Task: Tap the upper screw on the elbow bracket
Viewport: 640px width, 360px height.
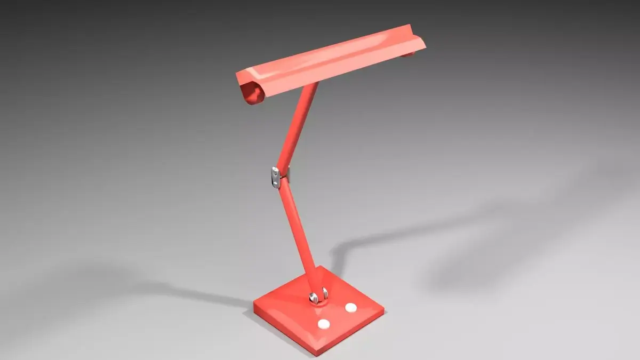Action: (275, 171)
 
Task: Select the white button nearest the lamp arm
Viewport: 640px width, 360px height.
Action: (350, 307)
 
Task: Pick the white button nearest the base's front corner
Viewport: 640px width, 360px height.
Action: (324, 324)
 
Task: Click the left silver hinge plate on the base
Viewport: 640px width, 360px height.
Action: (313, 298)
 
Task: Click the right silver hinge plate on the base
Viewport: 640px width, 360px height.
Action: (324, 292)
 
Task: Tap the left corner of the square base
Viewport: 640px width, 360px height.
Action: (254, 307)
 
